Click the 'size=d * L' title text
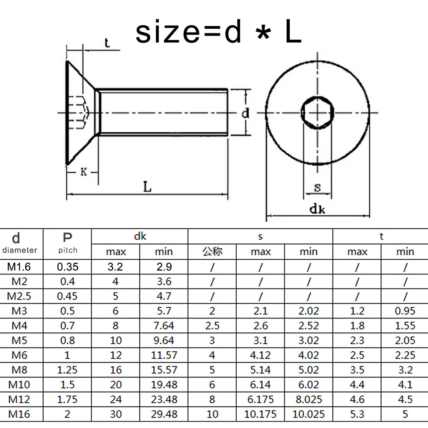pyautogui.click(x=218, y=32)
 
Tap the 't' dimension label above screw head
pyautogui.click(x=107, y=43)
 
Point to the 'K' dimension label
pyautogui.click(x=83, y=172)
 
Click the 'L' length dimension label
pyautogui.click(x=147, y=187)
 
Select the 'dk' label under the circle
pyautogui.click(x=317, y=209)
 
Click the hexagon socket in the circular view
pyautogui.click(x=318, y=113)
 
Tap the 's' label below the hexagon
pyautogui.click(x=318, y=187)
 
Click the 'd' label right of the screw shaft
pyautogui.click(x=245, y=113)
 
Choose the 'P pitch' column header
pyautogui.click(x=68, y=243)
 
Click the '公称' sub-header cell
pyautogui.click(x=212, y=251)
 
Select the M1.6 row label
pyautogui.click(x=19, y=267)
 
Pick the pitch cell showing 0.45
pyautogui.click(x=67, y=296)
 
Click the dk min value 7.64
pyautogui.click(x=164, y=326)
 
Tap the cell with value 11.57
pyautogui.click(x=164, y=355)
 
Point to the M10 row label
pyautogui.click(x=19, y=385)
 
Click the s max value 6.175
pyautogui.click(x=260, y=399)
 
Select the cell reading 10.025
pyautogui.click(x=309, y=414)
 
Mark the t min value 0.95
pyautogui.click(x=405, y=311)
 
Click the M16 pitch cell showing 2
pyautogui.click(x=67, y=414)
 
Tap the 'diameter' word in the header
pyautogui.click(x=20, y=250)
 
